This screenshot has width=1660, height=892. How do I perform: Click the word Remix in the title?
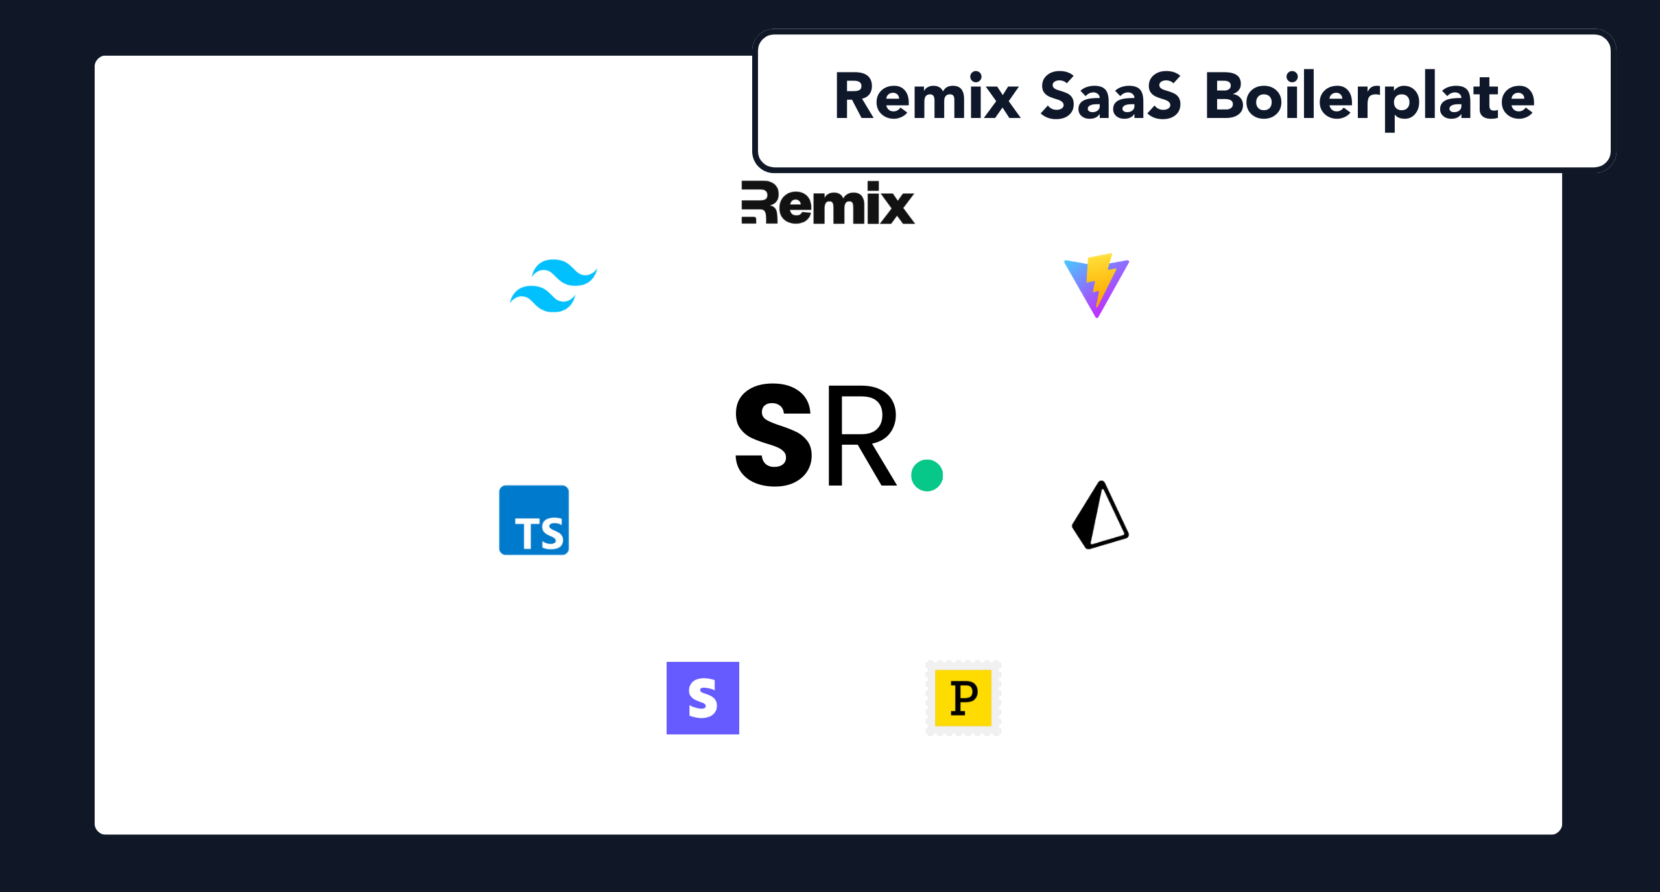(x=927, y=97)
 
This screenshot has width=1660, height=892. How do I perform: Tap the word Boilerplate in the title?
(x=1369, y=100)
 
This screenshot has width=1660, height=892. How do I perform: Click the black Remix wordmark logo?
(x=828, y=203)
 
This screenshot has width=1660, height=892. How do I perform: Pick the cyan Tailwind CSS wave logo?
(x=553, y=286)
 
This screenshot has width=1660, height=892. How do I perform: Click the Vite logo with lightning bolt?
(x=1097, y=285)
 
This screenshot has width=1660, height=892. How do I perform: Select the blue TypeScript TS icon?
(x=534, y=520)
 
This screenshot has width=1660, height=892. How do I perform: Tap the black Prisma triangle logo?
(x=1100, y=515)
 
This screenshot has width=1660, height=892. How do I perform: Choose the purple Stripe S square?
(x=703, y=698)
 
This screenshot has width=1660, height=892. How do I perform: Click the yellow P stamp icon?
(x=964, y=698)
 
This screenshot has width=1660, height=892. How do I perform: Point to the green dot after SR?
(x=927, y=475)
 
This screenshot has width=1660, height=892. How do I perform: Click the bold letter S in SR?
(x=774, y=434)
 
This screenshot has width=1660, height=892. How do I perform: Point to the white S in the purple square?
(x=703, y=698)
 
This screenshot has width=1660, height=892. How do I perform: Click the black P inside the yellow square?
(x=964, y=698)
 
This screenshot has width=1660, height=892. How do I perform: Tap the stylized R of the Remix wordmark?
(x=759, y=203)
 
